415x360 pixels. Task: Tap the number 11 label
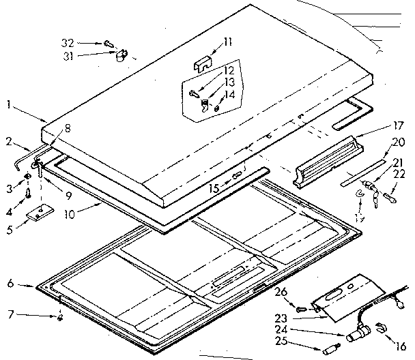click(x=227, y=42)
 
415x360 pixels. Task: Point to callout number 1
click(x=8, y=104)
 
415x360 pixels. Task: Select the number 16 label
click(x=401, y=347)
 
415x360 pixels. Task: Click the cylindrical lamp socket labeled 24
click(x=356, y=336)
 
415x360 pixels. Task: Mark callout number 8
click(x=68, y=127)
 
